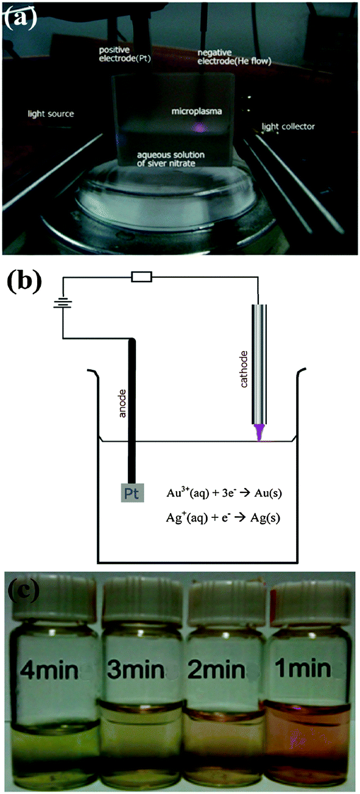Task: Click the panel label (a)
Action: [21, 16]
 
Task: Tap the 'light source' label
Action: [51, 114]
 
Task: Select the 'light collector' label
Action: [288, 127]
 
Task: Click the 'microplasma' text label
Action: [197, 112]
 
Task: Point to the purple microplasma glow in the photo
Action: [199, 127]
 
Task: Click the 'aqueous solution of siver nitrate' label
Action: [171, 159]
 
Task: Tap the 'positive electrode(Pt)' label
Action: [124, 54]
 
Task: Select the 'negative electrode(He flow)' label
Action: [234, 57]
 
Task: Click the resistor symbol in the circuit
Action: [142, 277]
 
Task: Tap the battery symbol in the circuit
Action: [63, 303]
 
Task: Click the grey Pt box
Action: [132, 493]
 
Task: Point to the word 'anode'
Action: [122, 403]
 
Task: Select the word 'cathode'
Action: [244, 369]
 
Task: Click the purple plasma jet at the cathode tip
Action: [259, 433]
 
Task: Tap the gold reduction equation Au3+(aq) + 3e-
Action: [224, 493]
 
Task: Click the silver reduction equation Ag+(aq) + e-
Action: [223, 517]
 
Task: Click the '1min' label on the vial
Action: [303, 668]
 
